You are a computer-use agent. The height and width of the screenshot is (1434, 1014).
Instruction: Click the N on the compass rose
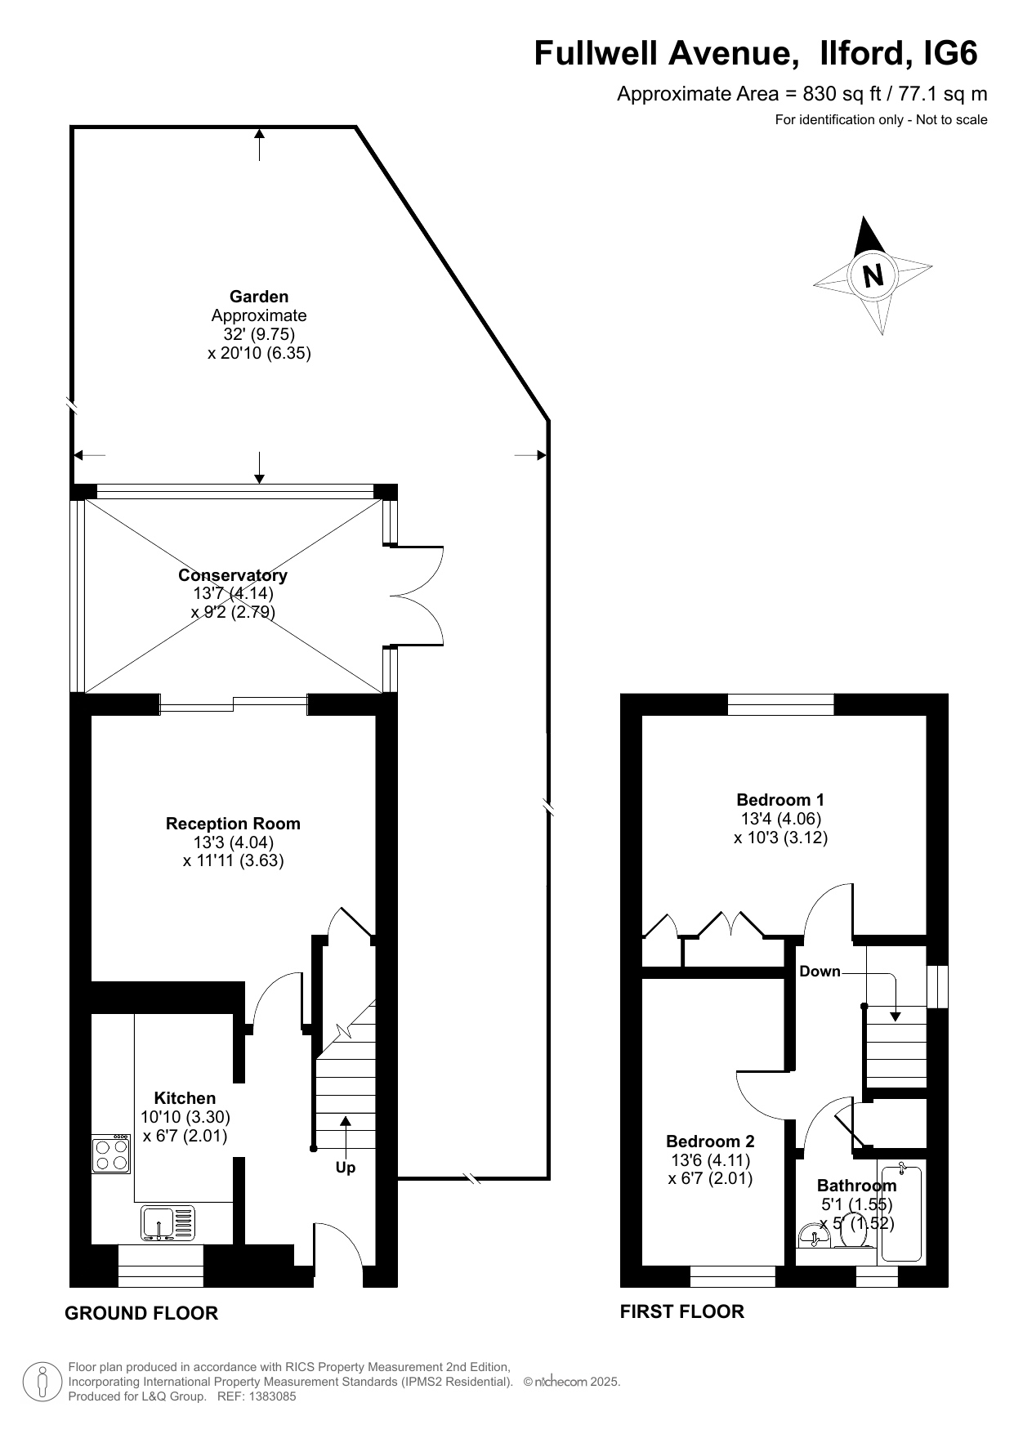[x=873, y=275]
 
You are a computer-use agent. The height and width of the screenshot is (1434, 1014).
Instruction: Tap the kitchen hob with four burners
[x=111, y=1154]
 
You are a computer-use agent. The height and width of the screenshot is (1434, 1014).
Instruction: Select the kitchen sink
[x=168, y=1223]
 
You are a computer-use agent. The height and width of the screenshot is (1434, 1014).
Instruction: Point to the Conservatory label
[x=233, y=575]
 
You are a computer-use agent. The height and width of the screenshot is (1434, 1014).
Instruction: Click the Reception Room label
[x=233, y=824]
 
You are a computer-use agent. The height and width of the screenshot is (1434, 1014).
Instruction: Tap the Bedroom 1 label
[x=780, y=800]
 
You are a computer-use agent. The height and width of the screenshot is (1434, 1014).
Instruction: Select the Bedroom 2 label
[x=710, y=1141]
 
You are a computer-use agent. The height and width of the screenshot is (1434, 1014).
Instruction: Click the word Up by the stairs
[x=346, y=1168]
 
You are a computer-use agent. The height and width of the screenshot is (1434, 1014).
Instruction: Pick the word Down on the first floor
[x=820, y=972]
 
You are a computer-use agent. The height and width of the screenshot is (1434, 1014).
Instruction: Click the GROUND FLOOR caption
[x=141, y=1313]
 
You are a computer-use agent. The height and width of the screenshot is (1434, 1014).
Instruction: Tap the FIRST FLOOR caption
[x=682, y=1311]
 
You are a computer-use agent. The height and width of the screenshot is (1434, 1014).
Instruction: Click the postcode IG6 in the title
[x=950, y=53]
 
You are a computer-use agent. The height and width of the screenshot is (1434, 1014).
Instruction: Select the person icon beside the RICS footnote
[x=41, y=1382]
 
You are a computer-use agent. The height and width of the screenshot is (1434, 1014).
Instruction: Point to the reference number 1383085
[x=269, y=1396]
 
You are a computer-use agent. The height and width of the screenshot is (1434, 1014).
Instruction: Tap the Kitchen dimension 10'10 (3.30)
[x=185, y=1117]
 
